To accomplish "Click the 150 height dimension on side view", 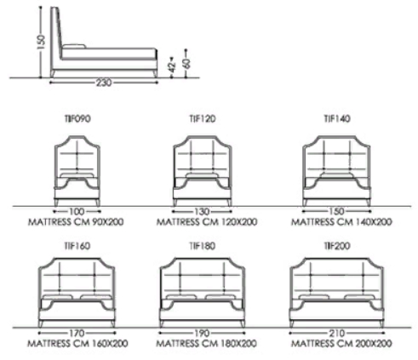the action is pyautogui.click(x=41, y=42).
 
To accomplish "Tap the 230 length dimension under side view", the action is pyautogui.click(x=104, y=83).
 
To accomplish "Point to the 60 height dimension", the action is pyautogui.click(x=186, y=63).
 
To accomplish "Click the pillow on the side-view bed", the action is pyautogui.click(x=74, y=47).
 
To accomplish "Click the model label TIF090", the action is pyautogui.click(x=77, y=118).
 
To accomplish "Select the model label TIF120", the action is pyautogui.click(x=203, y=118).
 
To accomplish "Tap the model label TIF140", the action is pyautogui.click(x=337, y=118).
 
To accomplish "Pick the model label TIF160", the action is pyautogui.click(x=77, y=246).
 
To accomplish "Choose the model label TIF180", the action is pyautogui.click(x=203, y=246).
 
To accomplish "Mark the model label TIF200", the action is pyautogui.click(x=337, y=246).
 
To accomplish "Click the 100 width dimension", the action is pyautogui.click(x=77, y=211).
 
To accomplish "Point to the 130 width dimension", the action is pyautogui.click(x=202, y=211).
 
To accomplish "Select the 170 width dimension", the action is pyautogui.click(x=77, y=333).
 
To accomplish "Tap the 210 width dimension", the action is pyautogui.click(x=337, y=333).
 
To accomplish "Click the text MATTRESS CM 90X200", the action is pyautogui.click(x=76, y=221).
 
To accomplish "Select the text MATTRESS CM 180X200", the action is pyautogui.click(x=207, y=344).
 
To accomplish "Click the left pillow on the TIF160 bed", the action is pyautogui.click(x=58, y=297).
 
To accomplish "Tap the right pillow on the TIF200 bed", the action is pyautogui.click(x=358, y=297).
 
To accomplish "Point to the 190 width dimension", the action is pyautogui.click(x=202, y=333).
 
